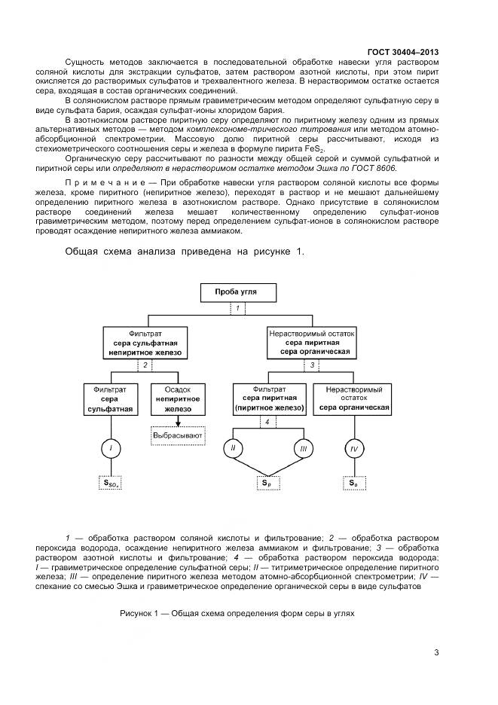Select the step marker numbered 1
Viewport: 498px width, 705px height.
point(238,309)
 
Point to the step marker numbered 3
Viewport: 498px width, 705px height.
point(312,365)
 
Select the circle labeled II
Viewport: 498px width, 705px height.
point(233,450)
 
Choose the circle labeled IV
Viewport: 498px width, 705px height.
point(353,450)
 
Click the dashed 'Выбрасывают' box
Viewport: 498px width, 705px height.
point(177,435)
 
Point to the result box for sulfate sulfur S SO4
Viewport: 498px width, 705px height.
point(111,483)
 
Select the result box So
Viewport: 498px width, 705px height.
point(353,483)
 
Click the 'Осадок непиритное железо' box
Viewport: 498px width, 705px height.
point(178,399)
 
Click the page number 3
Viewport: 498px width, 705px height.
point(436,652)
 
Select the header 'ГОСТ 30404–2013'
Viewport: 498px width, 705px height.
point(403,52)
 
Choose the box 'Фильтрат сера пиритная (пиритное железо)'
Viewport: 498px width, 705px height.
point(269,399)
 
